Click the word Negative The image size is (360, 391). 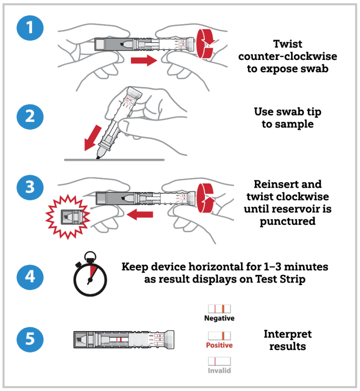[x=219, y=318]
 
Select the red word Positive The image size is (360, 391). [x=219, y=346]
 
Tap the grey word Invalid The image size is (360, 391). [x=219, y=371]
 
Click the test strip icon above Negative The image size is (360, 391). [x=219, y=309]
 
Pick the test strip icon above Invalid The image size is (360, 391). [x=219, y=361]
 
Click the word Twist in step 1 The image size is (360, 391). [x=288, y=44]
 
